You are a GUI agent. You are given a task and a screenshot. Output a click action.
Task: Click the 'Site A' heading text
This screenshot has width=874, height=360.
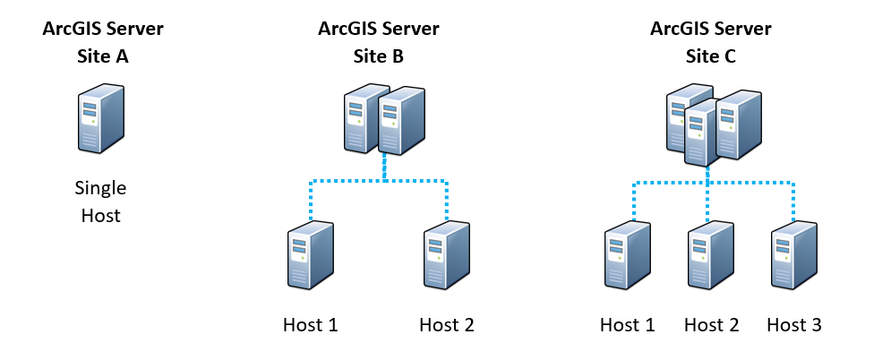(x=103, y=56)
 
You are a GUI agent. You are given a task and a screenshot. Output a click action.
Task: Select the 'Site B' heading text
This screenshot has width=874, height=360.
(x=379, y=56)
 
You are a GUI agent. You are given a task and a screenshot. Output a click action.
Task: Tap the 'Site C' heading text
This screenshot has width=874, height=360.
(x=711, y=56)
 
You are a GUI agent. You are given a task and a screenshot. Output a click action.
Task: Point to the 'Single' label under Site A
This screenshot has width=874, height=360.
(x=101, y=189)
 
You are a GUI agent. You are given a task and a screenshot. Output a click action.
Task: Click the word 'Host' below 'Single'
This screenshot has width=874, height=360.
(x=101, y=215)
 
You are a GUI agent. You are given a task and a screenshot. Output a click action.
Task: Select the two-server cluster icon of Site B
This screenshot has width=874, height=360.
(x=384, y=119)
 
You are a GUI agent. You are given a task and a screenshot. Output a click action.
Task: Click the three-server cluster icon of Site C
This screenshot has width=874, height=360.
(x=714, y=124)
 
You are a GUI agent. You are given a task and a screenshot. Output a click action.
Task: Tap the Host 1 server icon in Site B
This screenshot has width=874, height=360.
(x=311, y=255)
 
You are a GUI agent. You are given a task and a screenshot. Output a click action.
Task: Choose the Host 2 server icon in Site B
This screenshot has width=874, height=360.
(x=447, y=255)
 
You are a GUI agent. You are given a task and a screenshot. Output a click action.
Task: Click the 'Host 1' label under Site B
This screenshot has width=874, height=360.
(x=311, y=324)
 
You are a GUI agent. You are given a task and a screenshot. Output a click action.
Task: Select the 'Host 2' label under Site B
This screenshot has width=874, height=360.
(x=447, y=324)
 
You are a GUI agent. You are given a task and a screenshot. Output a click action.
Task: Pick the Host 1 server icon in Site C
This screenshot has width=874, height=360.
(x=628, y=255)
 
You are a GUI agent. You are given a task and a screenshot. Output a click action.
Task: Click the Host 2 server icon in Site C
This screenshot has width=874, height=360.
(x=711, y=255)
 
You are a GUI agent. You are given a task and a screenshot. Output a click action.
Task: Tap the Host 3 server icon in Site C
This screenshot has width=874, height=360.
(x=794, y=255)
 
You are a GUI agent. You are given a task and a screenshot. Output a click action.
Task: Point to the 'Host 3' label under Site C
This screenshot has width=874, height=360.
(x=794, y=324)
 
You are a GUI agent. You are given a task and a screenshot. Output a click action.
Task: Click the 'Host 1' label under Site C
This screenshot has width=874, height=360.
(x=628, y=324)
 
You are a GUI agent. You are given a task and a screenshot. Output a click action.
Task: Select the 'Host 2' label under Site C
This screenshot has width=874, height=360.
(x=711, y=324)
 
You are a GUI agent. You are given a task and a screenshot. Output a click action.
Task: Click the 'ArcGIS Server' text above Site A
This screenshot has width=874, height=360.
(x=103, y=29)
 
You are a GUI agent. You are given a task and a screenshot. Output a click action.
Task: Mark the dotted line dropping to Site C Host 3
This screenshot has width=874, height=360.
(x=793, y=201)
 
